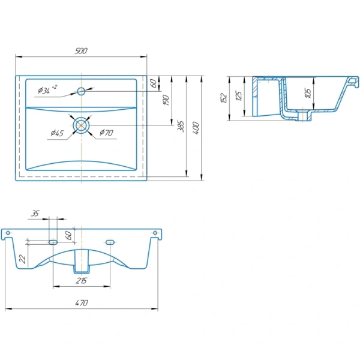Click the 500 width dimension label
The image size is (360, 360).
coord(81,51)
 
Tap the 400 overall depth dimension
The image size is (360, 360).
coord(196,128)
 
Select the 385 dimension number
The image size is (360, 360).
coord(181,126)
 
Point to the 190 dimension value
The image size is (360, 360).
coord(166,100)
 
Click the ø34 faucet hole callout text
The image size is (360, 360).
coord(47,89)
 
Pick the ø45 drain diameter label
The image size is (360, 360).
coord(57,133)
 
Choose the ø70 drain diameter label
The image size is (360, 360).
coord(106,132)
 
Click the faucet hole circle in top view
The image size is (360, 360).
coord(81,91)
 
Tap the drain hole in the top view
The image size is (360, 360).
coord(81,125)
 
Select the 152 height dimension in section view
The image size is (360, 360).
coord(224,98)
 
